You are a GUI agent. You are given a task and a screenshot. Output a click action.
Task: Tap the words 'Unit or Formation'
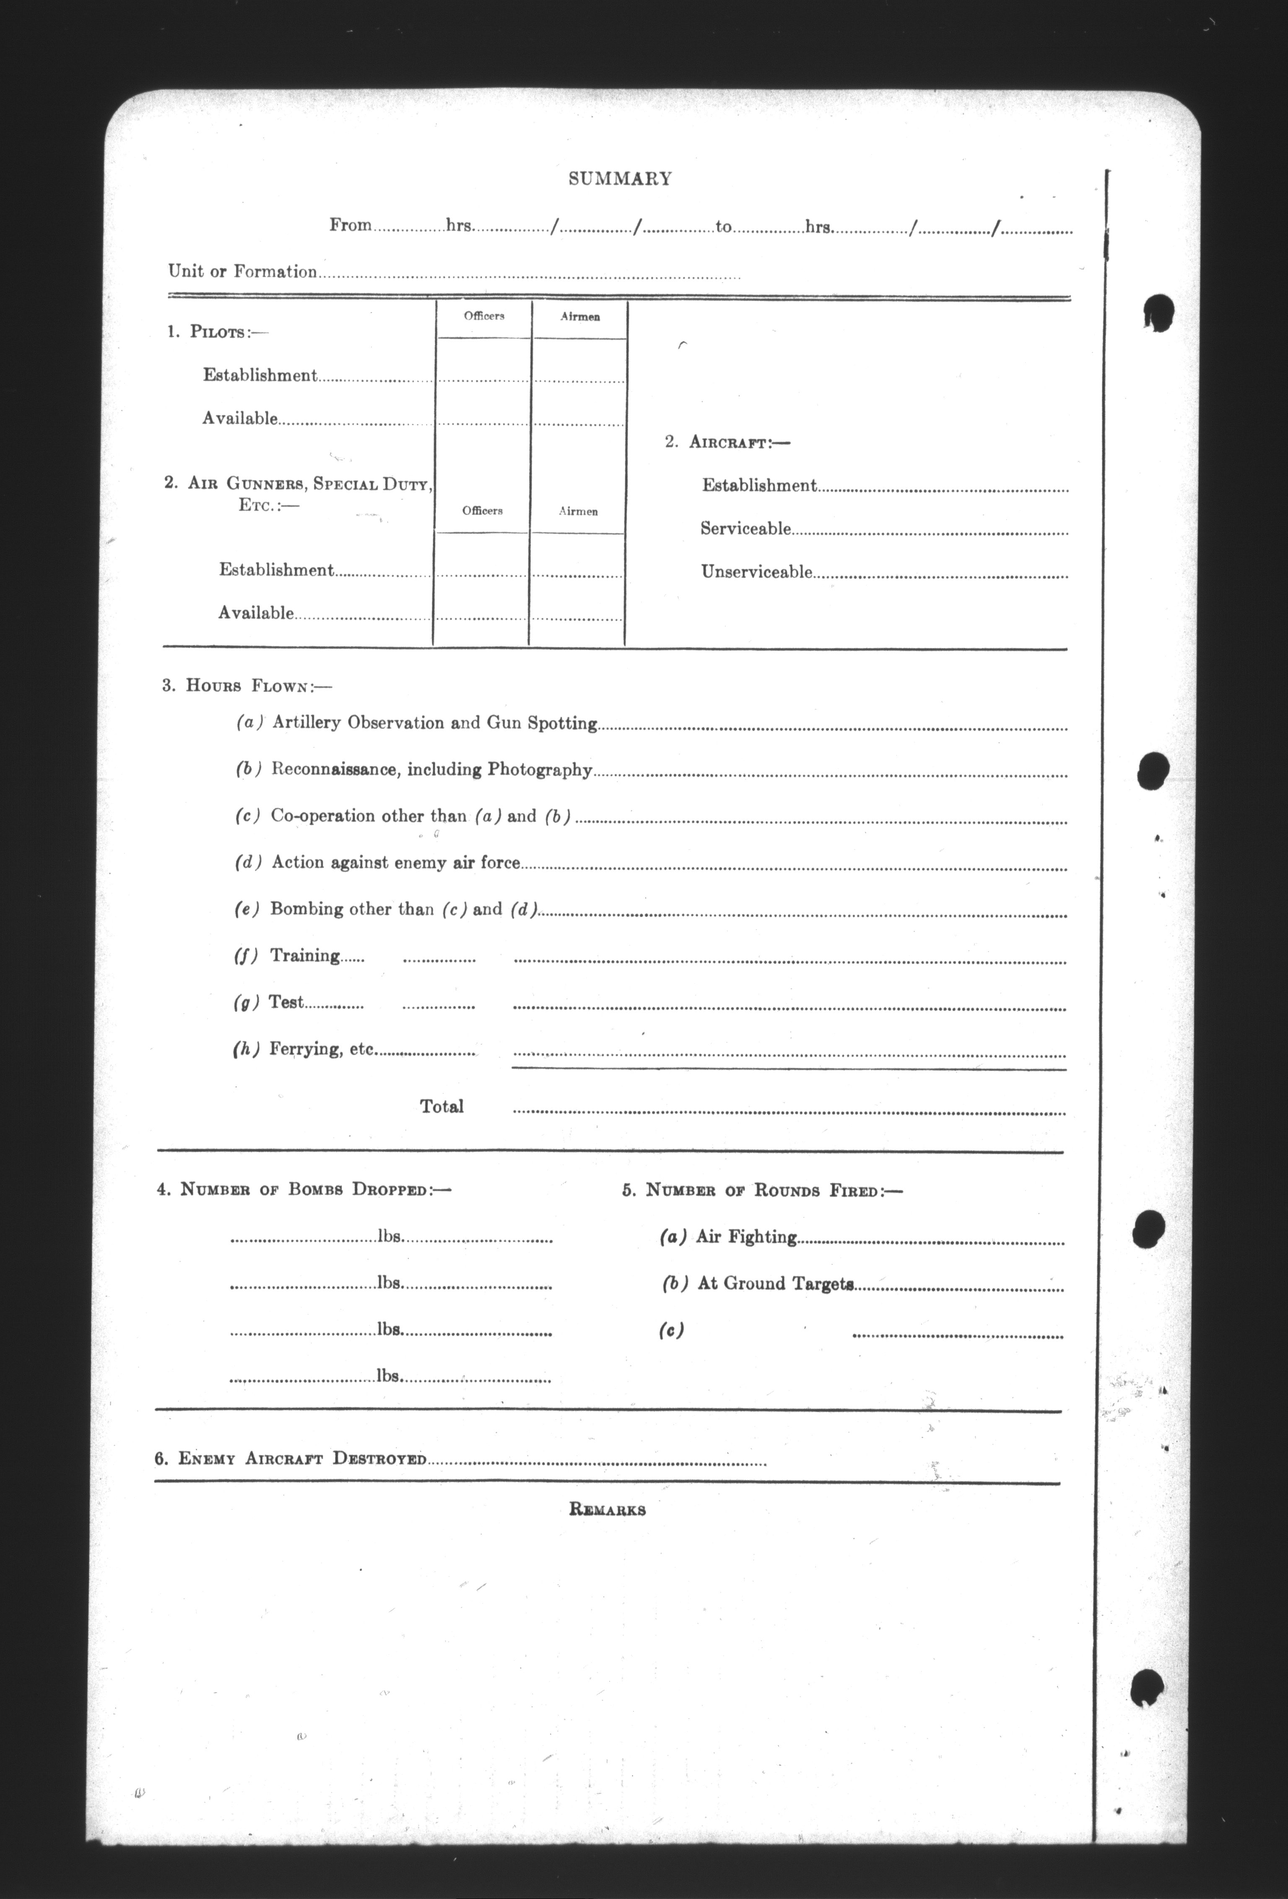click(x=243, y=271)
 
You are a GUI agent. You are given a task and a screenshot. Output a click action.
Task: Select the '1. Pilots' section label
click(x=217, y=332)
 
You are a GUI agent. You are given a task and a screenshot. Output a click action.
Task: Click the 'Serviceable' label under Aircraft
click(x=745, y=529)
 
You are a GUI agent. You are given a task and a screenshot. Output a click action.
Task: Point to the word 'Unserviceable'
click(x=756, y=572)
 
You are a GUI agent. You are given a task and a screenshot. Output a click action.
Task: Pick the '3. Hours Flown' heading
click(x=247, y=686)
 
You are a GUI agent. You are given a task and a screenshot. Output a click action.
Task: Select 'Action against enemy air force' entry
click(x=395, y=862)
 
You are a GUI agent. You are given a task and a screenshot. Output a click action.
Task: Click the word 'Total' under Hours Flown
click(x=441, y=1106)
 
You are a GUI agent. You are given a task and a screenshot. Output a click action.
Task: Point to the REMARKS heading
click(x=607, y=1510)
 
